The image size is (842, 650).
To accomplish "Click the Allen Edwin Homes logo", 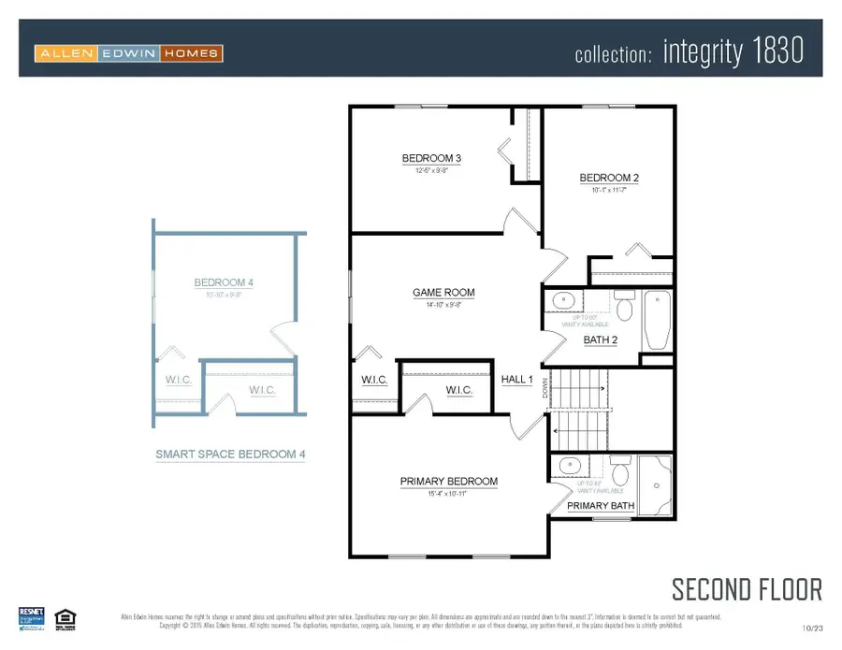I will (129, 53).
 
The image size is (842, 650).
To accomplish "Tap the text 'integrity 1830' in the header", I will (733, 51).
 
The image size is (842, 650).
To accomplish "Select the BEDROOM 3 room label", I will (431, 158).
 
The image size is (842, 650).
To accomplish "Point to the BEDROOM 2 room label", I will (608, 178).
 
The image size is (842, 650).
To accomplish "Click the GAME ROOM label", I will (443, 293).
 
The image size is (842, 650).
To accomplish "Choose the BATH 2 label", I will (601, 339).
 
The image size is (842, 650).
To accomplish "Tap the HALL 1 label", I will (516, 379).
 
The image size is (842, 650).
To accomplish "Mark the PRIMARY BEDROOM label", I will (449, 482).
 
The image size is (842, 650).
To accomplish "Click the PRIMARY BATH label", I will (601, 506).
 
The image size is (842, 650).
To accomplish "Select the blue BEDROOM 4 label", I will (224, 282).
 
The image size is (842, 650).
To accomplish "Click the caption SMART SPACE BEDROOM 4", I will (230, 455).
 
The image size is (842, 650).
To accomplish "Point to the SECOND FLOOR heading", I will (747, 589).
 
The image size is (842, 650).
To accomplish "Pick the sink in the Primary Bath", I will (567, 466).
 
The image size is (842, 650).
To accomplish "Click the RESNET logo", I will (32, 618).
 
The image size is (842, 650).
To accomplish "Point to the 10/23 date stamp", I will (812, 628).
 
